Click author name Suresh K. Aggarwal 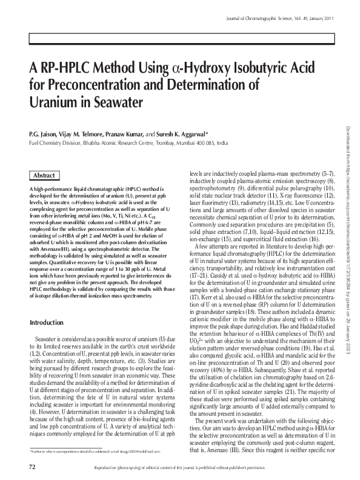pyautogui.click(x=182, y=133)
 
